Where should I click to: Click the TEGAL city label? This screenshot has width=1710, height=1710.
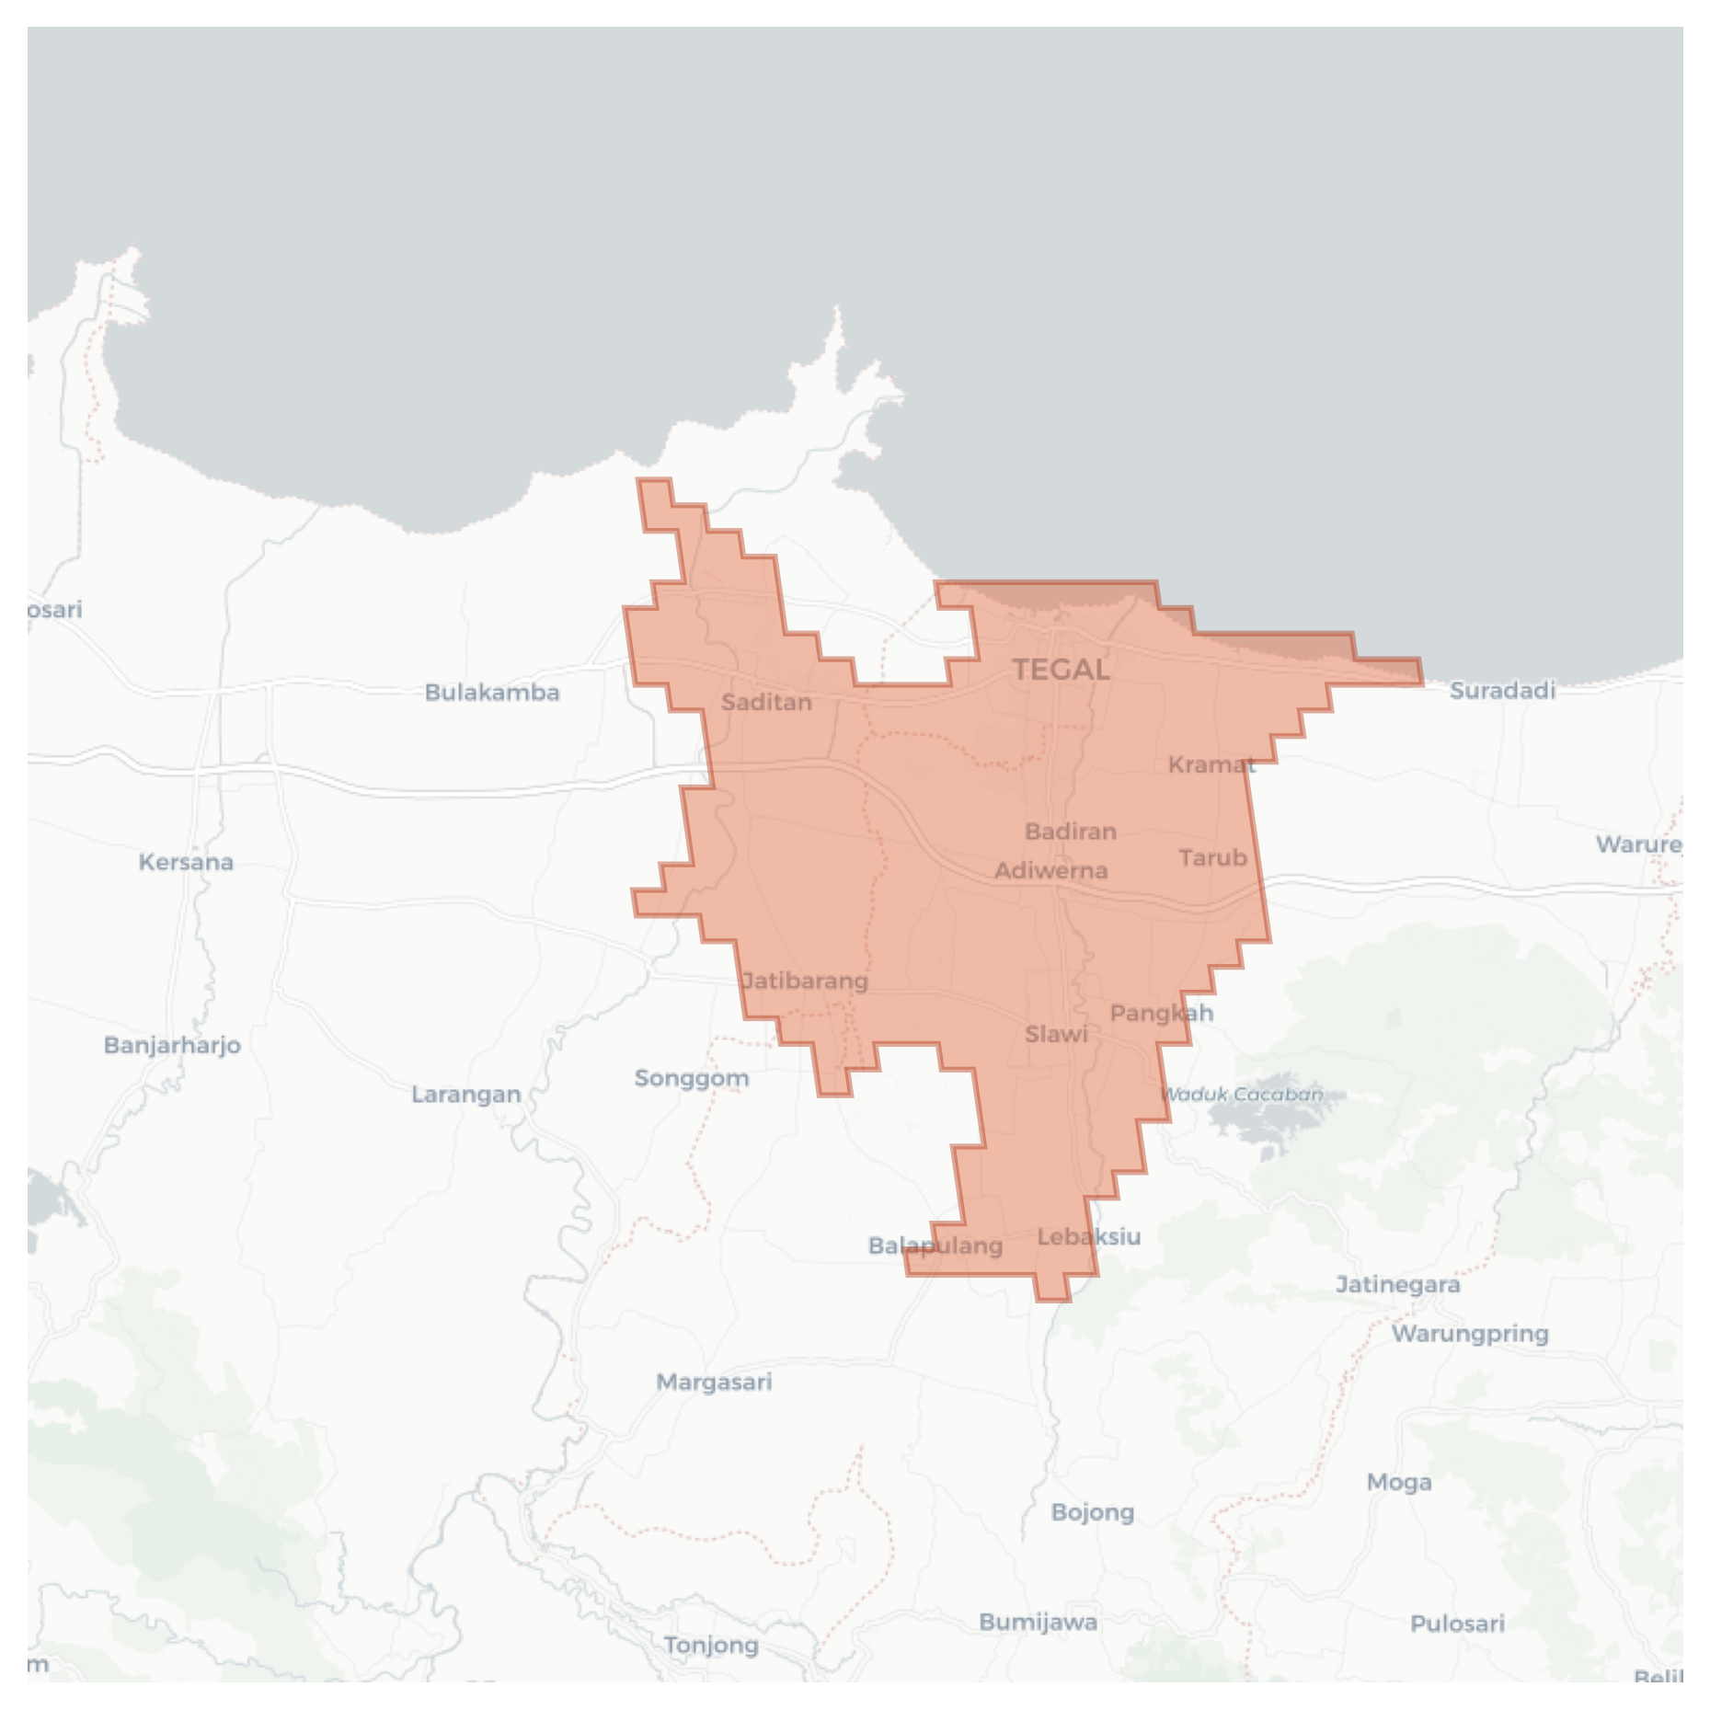(1061, 670)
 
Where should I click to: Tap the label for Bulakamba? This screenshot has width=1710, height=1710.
(492, 693)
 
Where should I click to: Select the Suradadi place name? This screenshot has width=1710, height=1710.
(1502, 690)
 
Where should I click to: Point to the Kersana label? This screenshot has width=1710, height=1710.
(186, 863)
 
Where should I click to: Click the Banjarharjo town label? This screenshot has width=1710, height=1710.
(172, 1045)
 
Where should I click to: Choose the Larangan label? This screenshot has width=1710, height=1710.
(465, 1095)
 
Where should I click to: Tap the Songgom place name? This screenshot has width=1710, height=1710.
(692, 1078)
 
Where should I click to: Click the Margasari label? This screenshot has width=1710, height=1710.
(714, 1382)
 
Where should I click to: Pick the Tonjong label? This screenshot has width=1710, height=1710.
(711, 1645)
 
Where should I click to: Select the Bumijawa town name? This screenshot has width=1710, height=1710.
(1038, 1622)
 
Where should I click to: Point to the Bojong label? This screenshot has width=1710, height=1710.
(1093, 1512)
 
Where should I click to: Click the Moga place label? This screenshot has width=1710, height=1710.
(1398, 1482)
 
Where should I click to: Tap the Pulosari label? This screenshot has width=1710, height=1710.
(1457, 1624)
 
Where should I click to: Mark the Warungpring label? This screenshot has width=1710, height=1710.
(1470, 1334)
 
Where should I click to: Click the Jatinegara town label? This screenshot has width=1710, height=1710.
(1397, 1284)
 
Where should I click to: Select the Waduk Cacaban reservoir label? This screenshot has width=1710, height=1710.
(1242, 1095)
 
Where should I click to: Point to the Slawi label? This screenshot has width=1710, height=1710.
(1056, 1035)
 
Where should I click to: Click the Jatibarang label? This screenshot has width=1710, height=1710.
(805, 981)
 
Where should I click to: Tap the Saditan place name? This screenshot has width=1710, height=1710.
(766, 703)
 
